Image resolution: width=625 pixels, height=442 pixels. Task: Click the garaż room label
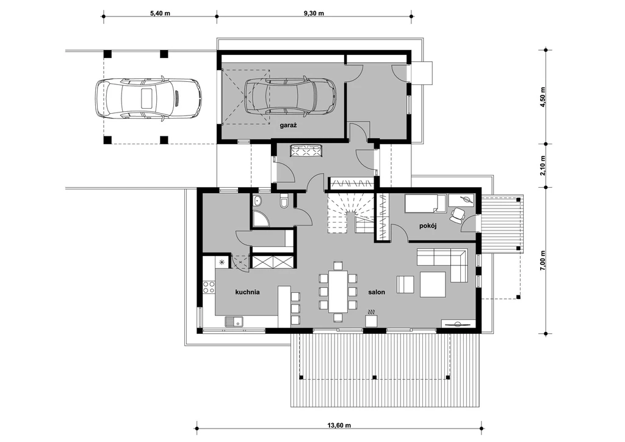288,125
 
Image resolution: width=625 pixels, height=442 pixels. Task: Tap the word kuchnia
248,292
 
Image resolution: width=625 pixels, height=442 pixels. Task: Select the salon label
376,292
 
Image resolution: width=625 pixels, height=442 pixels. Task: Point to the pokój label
428,226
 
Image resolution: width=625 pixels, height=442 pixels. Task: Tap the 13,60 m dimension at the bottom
339,425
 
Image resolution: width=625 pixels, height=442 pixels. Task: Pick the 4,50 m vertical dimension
543,96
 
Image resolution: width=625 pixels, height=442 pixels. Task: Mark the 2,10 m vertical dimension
543,165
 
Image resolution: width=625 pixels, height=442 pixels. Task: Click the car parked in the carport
148,97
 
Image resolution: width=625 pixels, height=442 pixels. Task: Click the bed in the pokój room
425,201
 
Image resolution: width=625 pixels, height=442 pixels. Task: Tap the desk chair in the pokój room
458,214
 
